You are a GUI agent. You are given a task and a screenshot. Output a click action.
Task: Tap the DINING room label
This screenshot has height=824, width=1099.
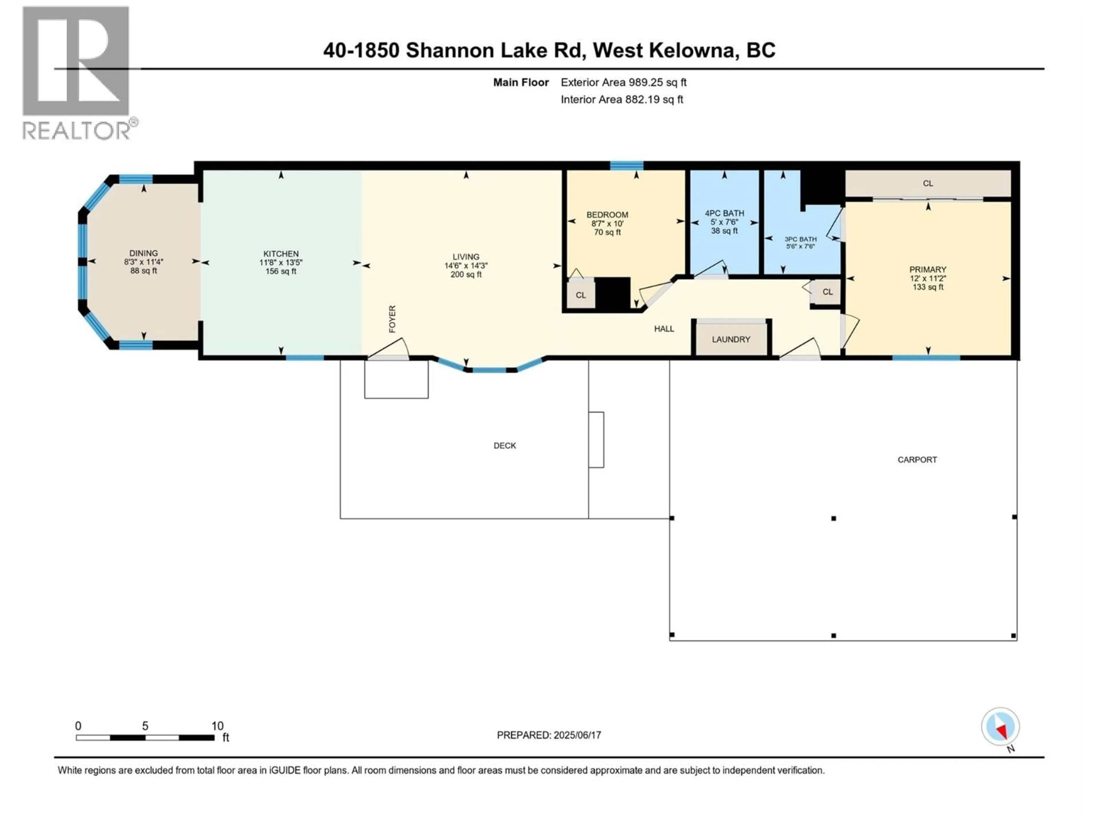pyautogui.click(x=144, y=253)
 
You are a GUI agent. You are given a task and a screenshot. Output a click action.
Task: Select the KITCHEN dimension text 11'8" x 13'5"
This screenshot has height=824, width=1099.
pyautogui.click(x=281, y=263)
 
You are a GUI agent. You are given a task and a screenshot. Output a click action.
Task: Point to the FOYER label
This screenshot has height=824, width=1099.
pyautogui.click(x=392, y=319)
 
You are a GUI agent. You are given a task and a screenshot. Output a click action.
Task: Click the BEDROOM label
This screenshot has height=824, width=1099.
pyautogui.click(x=607, y=215)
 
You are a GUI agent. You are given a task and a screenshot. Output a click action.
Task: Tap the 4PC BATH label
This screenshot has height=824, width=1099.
pyautogui.click(x=724, y=213)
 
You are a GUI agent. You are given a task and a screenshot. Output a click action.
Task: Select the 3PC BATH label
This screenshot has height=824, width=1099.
pyautogui.click(x=800, y=239)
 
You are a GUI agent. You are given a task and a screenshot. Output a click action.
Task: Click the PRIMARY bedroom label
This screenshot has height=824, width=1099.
pyautogui.click(x=928, y=269)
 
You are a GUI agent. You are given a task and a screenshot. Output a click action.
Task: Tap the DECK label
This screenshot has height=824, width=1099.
pyautogui.click(x=505, y=445)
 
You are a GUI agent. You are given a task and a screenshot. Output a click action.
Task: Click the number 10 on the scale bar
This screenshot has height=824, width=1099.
pyautogui.click(x=217, y=726)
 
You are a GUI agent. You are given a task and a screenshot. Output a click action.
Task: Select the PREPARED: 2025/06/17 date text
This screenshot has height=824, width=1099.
pyautogui.click(x=549, y=735)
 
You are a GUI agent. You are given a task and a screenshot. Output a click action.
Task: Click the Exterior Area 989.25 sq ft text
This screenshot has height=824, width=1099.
pyautogui.click(x=624, y=82)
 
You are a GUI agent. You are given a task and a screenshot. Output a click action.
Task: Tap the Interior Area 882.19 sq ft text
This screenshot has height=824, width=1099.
pyautogui.click(x=622, y=99)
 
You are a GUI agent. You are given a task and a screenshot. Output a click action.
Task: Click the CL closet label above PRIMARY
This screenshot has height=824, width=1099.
pyautogui.click(x=928, y=183)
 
